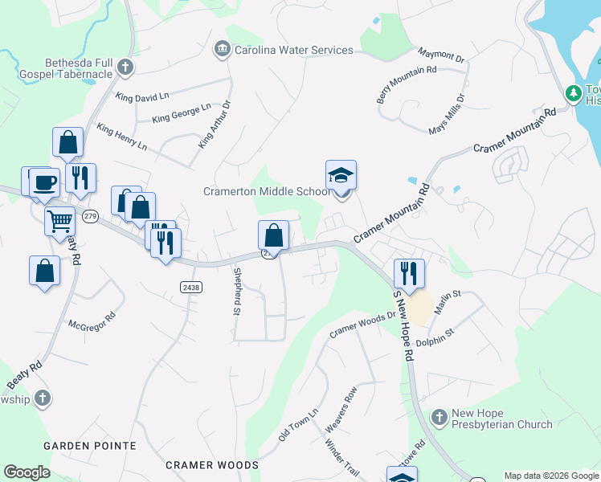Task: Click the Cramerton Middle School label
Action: (266, 191)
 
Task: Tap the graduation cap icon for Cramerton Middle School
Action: (341, 175)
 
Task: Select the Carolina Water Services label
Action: (293, 50)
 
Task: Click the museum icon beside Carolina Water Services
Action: (222, 50)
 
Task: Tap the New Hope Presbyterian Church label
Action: (501, 419)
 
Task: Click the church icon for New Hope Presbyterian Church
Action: (439, 418)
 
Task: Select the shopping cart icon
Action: (60, 220)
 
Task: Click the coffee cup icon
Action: (43, 181)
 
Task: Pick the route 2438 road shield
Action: (191, 287)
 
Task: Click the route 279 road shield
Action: (90, 216)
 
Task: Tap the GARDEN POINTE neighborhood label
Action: (84, 445)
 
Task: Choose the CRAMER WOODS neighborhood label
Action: (212, 465)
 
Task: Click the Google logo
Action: (27, 472)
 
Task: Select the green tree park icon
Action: (574, 94)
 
